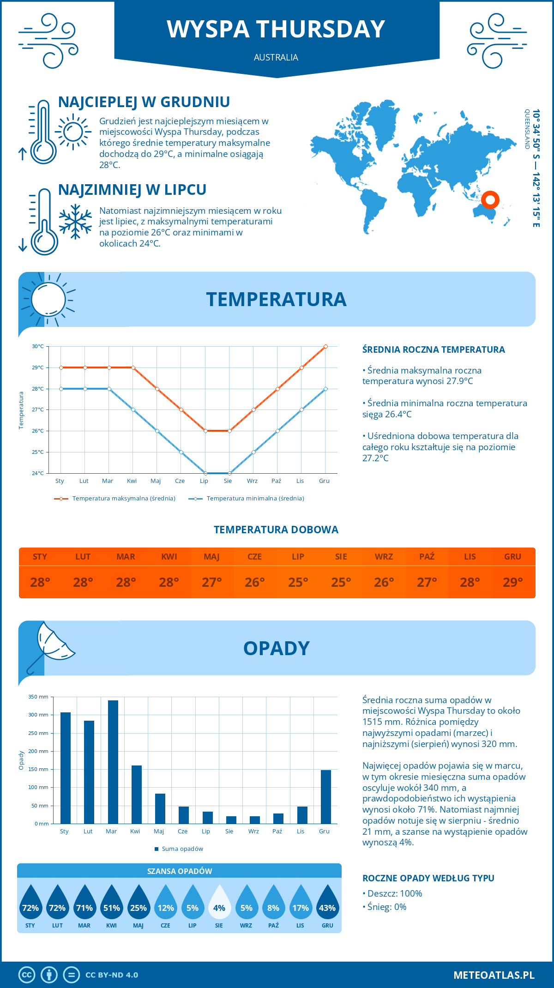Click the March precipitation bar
pos(113,762)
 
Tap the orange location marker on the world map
pos(490,200)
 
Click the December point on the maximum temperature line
pos(325,346)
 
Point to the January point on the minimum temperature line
pos(61,389)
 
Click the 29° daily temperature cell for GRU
pos(512,582)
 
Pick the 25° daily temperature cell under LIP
pos(298,582)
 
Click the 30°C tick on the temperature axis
pos(38,346)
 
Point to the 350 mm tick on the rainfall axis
pos(38,697)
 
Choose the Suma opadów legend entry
pos(182,849)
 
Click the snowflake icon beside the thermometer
pos(75,222)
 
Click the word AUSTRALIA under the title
pos(276,57)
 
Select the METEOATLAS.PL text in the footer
pos(494,975)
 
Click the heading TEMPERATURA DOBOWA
pos(276,530)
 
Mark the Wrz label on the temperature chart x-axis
pos(252,481)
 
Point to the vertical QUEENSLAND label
pos(527,129)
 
